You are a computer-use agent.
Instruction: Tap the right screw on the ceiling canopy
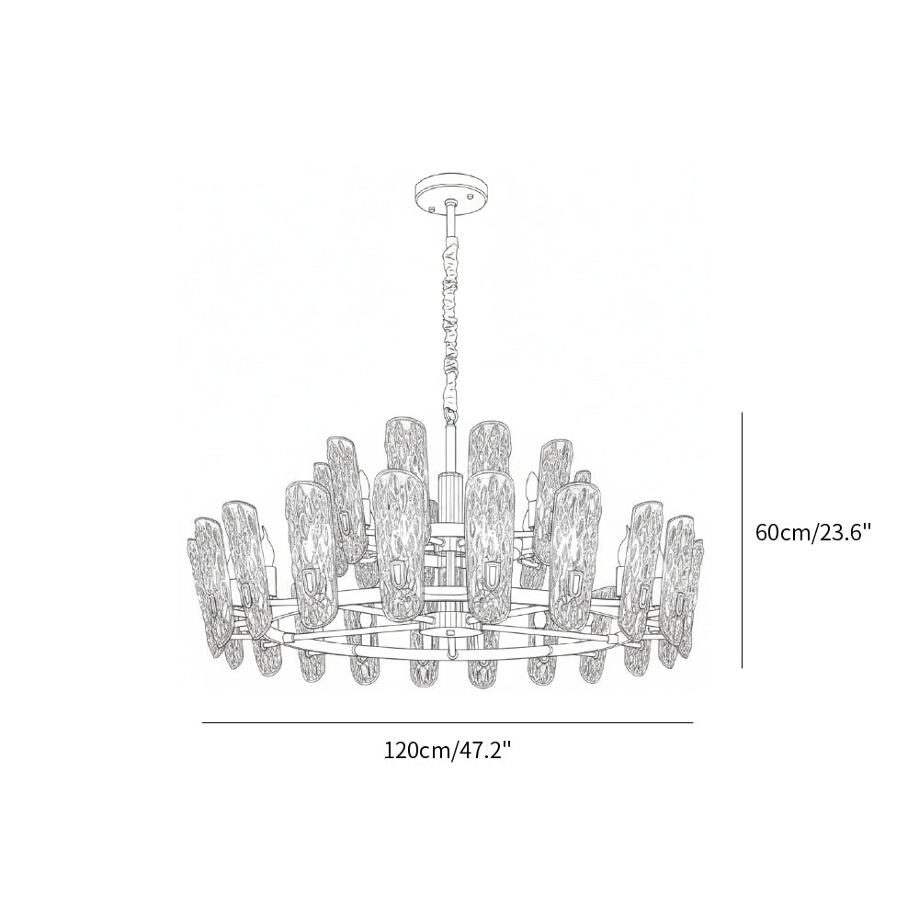(x=471, y=195)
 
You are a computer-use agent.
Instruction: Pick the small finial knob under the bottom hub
(x=449, y=653)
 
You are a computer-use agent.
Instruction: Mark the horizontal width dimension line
(x=448, y=723)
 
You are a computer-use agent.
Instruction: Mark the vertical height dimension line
(x=742, y=539)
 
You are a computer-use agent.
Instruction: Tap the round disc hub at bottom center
(x=449, y=633)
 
